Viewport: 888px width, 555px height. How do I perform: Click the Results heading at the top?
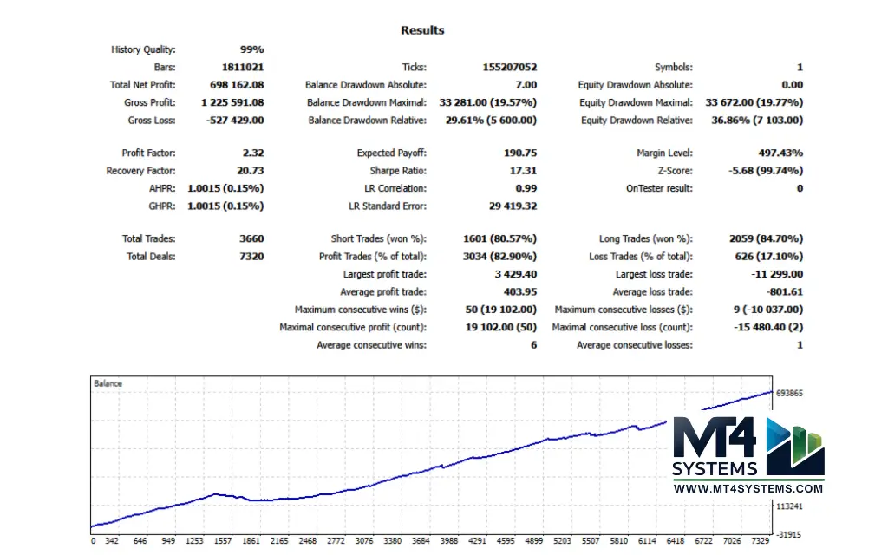coord(422,30)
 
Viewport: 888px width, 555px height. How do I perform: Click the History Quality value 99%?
coord(251,49)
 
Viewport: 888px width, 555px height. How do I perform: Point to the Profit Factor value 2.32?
coord(252,153)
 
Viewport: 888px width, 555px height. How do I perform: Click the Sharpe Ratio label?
coord(398,171)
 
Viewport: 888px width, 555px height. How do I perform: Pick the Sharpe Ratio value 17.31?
coord(523,171)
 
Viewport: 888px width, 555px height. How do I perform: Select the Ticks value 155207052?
coord(509,68)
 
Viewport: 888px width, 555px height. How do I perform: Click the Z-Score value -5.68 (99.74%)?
coord(766,171)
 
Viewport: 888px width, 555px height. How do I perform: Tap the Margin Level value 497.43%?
coord(779,153)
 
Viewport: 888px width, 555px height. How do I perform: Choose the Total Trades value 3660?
coord(251,238)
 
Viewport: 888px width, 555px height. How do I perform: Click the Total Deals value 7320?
coord(251,257)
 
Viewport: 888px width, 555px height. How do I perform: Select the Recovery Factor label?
coord(140,171)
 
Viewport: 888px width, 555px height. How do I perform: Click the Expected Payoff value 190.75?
coord(520,153)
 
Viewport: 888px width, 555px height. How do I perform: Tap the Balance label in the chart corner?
coord(108,383)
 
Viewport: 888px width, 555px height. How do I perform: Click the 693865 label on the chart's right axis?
coord(791,393)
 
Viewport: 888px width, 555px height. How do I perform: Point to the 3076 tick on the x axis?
coord(364,541)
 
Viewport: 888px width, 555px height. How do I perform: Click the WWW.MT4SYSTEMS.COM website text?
coord(748,489)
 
